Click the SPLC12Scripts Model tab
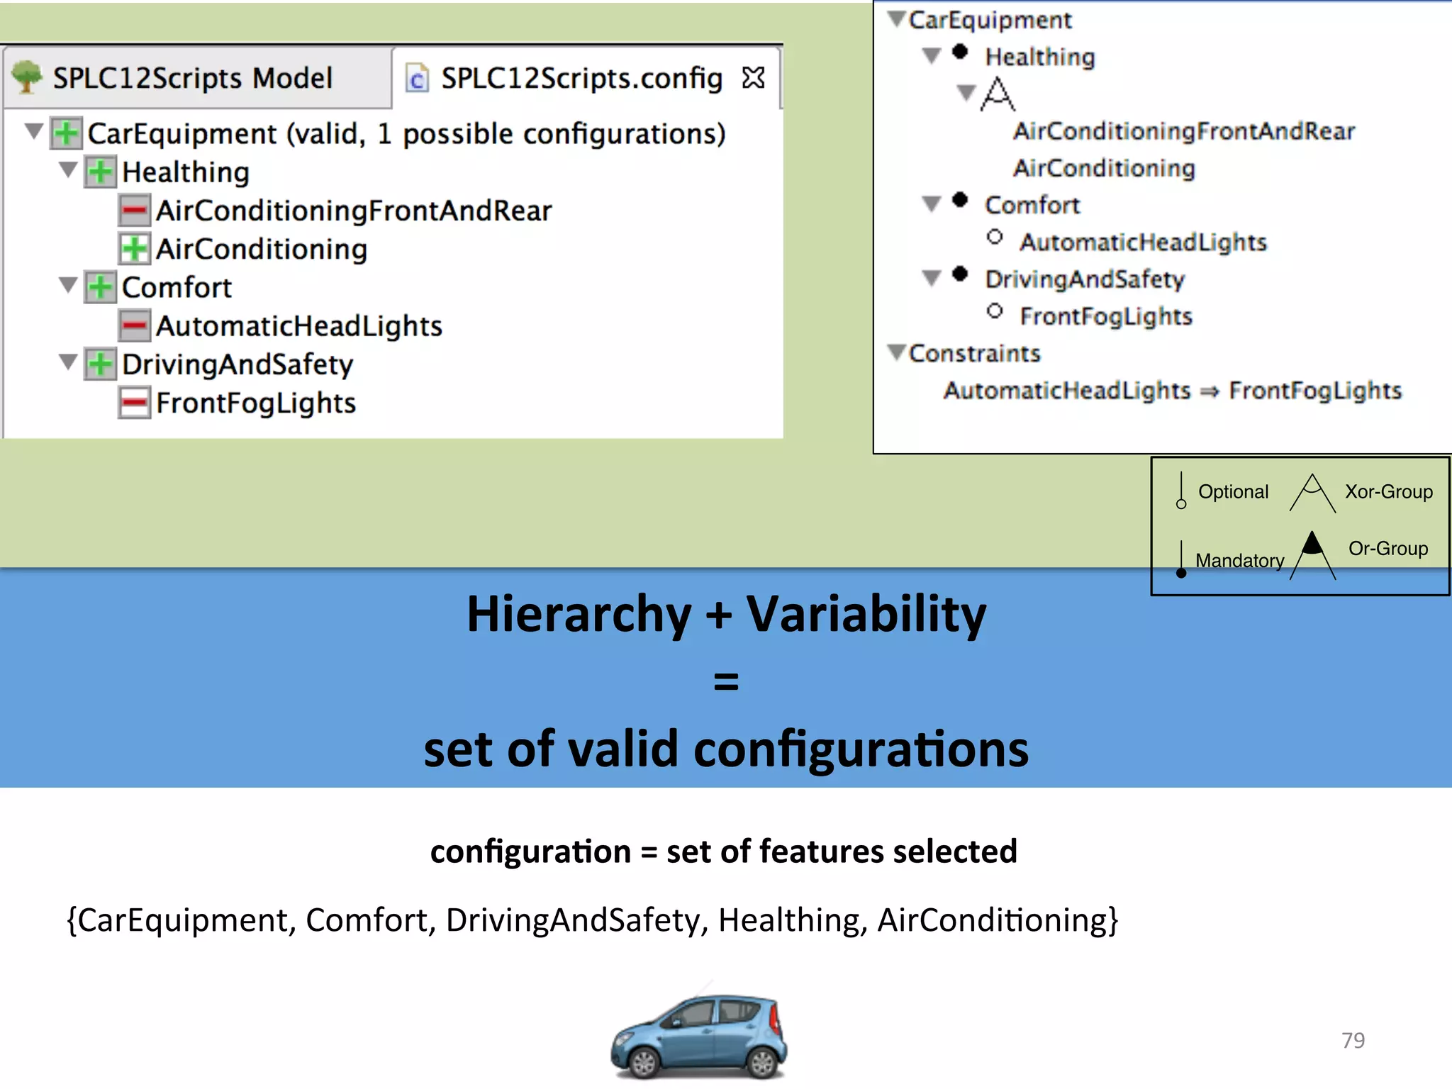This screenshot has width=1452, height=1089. click(x=192, y=78)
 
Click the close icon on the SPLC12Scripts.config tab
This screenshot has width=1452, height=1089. click(x=753, y=77)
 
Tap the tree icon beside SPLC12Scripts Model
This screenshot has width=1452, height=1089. click(x=27, y=77)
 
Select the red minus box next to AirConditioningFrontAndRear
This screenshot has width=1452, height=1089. click(x=134, y=211)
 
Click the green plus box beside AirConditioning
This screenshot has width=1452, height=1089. click(x=134, y=249)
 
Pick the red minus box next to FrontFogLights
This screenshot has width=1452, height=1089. click(x=134, y=403)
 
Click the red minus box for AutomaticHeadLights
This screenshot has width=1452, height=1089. click(x=134, y=326)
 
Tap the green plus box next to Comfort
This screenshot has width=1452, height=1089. click(x=100, y=287)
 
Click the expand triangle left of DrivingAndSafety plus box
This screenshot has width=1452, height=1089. click(x=68, y=363)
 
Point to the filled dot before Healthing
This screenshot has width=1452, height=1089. click(x=960, y=52)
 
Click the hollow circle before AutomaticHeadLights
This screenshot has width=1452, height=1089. click(x=995, y=237)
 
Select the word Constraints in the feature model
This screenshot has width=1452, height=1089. click(x=974, y=353)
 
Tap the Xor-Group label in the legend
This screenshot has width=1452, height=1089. click(x=1388, y=491)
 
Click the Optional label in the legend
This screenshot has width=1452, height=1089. click(x=1233, y=491)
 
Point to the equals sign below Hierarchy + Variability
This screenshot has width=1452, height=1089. click(x=726, y=681)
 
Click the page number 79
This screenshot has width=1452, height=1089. click(x=1353, y=1040)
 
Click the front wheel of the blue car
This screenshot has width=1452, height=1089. click(x=644, y=1062)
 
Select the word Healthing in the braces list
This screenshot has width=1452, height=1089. click(x=792, y=920)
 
